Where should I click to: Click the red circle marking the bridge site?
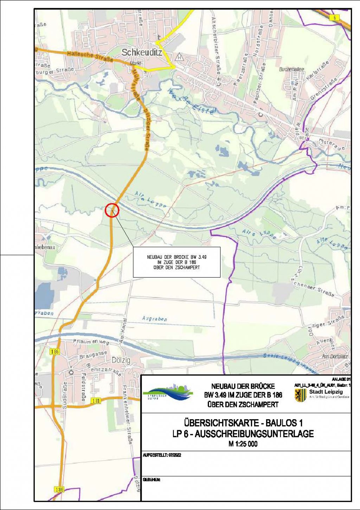tap(112, 210)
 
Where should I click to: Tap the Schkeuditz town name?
tap(141, 52)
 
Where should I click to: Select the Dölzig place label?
tap(121, 361)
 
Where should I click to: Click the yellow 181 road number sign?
tap(96, 401)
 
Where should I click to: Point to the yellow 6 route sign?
tap(334, 18)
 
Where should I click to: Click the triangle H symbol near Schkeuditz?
tap(180, 57)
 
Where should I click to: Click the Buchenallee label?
tap(291, 69)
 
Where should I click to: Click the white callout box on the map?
tap(176, 262)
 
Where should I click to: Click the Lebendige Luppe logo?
tap(168, 393)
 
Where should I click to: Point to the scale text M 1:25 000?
tap(243, 444)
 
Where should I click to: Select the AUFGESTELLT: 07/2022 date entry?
tap(162, 455)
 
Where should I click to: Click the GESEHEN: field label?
tap(152, 480)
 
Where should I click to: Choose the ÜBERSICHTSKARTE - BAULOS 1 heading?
tap(243, 422)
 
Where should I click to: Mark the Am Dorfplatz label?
tap(334, 357)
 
